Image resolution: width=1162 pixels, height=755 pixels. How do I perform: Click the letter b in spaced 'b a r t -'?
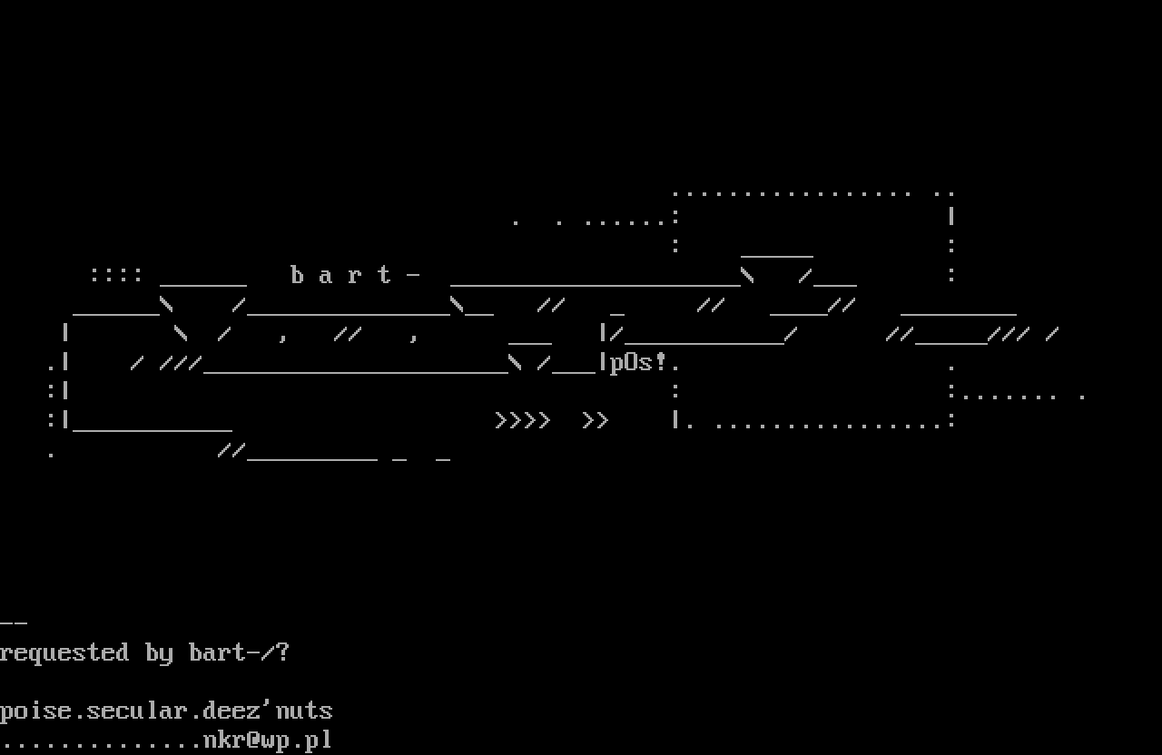pos(298,275)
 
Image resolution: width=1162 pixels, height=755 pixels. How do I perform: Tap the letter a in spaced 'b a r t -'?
pos(327,276)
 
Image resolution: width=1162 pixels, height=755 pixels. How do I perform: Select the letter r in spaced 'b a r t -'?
pos(356,276)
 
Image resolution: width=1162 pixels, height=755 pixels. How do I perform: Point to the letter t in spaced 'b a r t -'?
pos(385,275)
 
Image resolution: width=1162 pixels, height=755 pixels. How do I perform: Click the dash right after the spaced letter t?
pos(414,276)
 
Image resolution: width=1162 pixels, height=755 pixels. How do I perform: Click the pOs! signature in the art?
pos(638,363)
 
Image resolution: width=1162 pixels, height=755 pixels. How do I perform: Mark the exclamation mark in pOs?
pos(661,362)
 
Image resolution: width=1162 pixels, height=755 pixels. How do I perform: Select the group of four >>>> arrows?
pos(523,421)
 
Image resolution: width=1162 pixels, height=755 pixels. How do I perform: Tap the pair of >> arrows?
pos(596,421)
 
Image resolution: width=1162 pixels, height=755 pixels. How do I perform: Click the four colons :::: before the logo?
pos(116,275)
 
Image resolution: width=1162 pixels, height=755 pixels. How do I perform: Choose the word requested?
pos(64,653)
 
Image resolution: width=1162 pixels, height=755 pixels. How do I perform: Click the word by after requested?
pos(159,653)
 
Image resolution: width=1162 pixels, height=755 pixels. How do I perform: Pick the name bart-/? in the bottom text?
pos(239,652)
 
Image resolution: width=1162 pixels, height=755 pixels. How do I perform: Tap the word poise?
pos(35,711)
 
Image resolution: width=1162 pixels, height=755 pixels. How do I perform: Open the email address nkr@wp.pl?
pos(268,740)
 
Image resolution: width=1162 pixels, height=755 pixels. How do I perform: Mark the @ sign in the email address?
pos(254,740)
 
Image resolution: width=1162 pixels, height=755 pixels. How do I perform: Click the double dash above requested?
pos(14,623)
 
